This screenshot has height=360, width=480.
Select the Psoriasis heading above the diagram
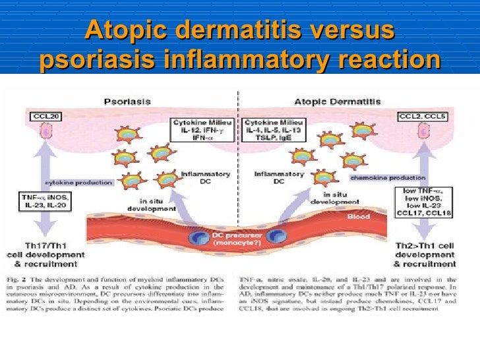pyautogui.click(x=127, y=102)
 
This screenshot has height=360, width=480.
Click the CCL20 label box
pyautogui.click(x=45, y=117)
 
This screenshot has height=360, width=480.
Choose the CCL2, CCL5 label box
pyautogui.click(x=421, y=117)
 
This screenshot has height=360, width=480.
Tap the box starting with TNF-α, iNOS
pyautogui.click(x=44, y=200)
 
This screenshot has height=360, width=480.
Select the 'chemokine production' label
pyautogui.click(x=396, y=178)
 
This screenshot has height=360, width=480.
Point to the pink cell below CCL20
pyautogui.click(x=45, y=133)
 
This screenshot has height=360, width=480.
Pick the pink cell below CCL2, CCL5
pyautogui.click(x=423, y=133)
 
